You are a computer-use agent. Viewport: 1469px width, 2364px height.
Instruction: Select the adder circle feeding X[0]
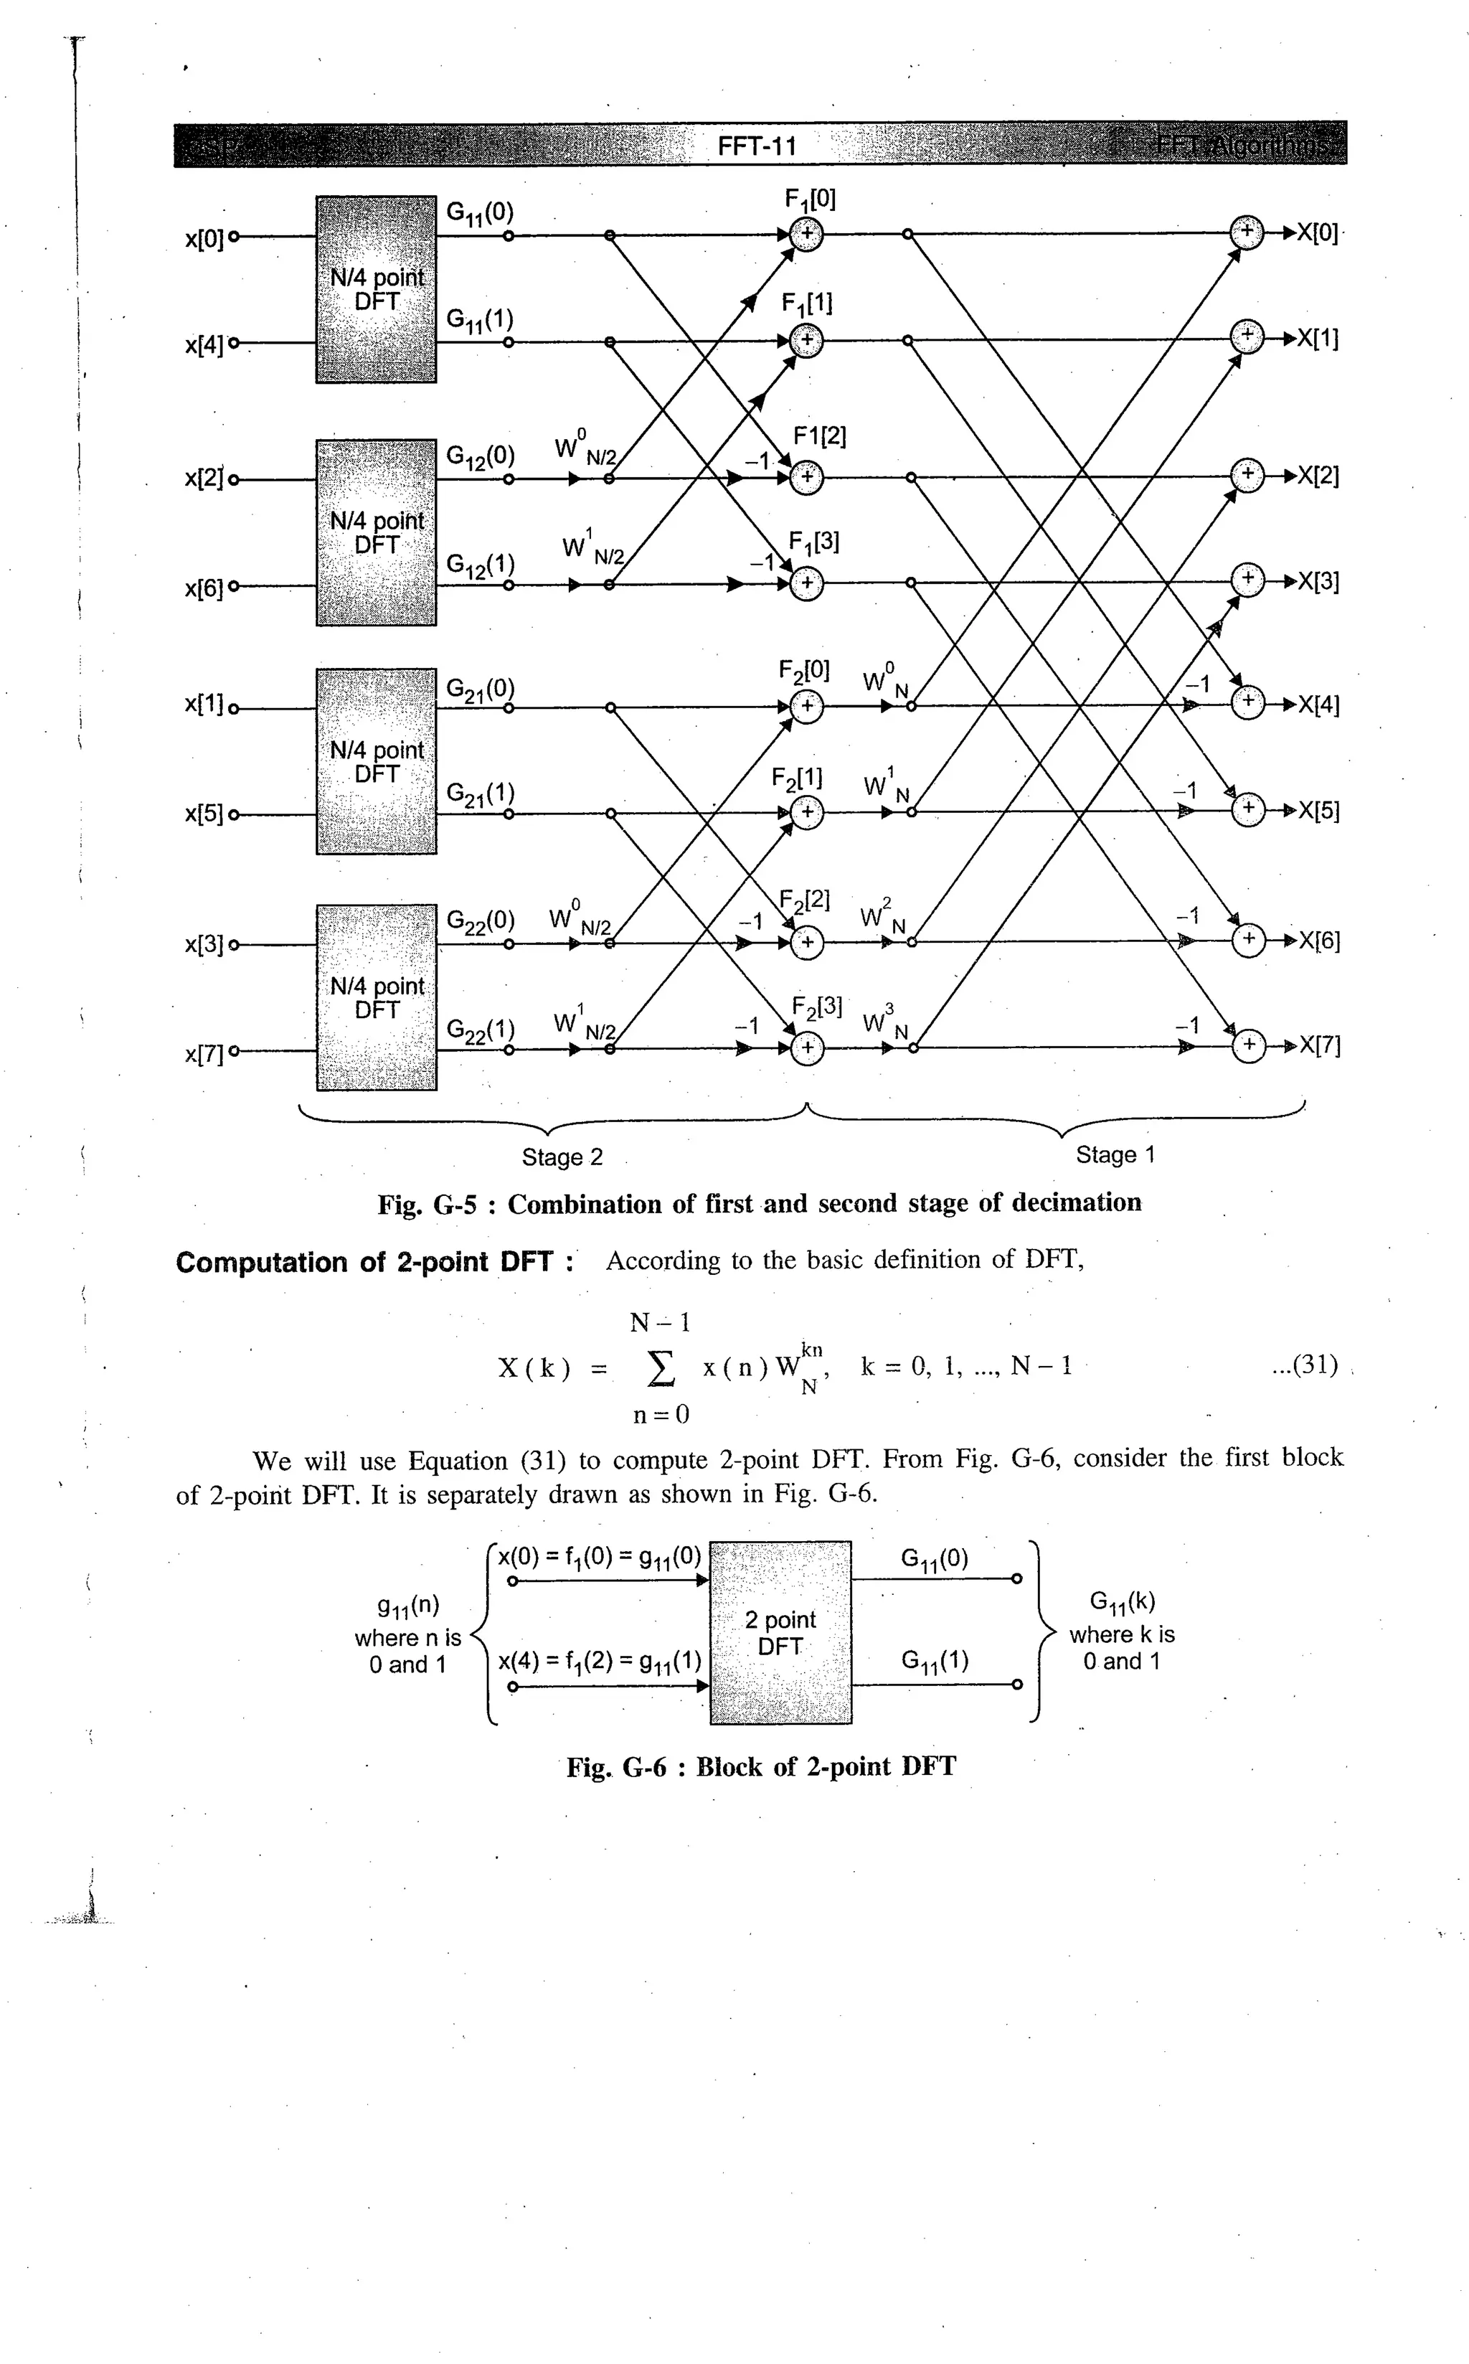[x=1247, y=232]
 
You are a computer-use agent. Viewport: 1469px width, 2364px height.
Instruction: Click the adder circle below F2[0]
[x=806, y=707]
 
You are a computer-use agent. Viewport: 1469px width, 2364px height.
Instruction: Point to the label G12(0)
[x=480, y=457]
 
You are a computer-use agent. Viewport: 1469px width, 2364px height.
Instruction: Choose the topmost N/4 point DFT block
[x=376, y=290]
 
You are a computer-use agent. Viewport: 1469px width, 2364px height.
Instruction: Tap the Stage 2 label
[x=562, y=1157]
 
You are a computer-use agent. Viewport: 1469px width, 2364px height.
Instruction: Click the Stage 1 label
[x=1115, y=1155]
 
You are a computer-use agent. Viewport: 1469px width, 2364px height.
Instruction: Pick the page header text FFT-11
[x=757, y=146]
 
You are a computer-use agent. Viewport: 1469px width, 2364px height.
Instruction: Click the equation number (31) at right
[x=1305, y=1365]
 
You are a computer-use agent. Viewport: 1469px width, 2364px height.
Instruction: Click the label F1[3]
[x=814, y=542]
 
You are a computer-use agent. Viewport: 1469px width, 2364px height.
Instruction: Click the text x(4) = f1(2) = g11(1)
[x=600, y=1660]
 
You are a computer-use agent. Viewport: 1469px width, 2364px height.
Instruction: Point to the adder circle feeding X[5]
[x=1247, y=809]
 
